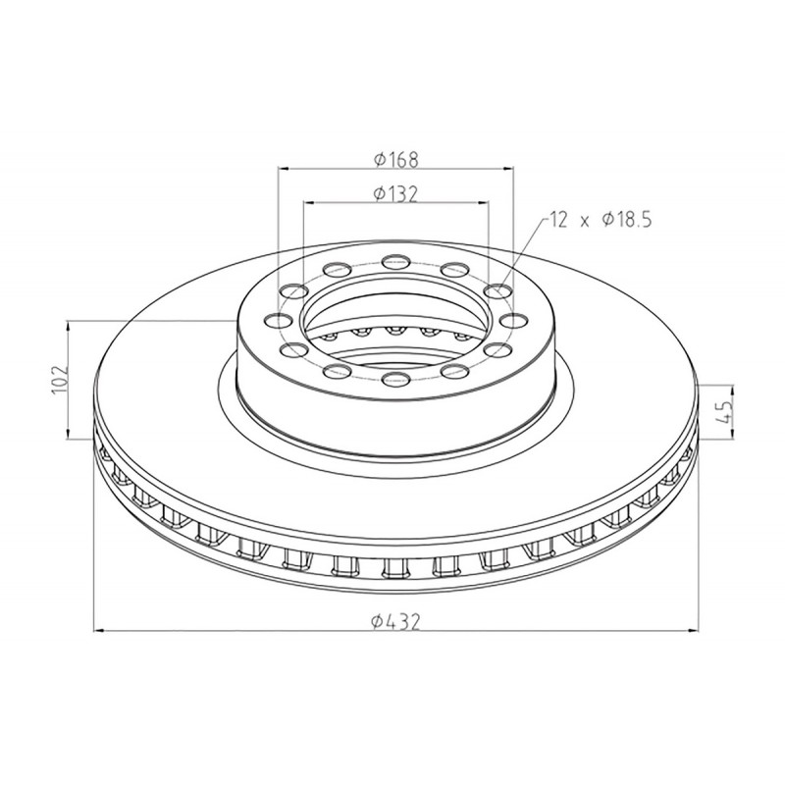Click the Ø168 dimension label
(x=395, y=159)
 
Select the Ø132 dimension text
(x=395, y=193)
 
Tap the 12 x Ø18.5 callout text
(x=601, y=220)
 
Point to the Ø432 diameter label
(x=395, y=621)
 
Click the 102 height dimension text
(x=59, y=381)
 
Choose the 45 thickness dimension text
(x=725, y=412)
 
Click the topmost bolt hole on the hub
(x=395, y=261)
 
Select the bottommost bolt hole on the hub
(x=395, y=380)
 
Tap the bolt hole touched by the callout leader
(x=498, y=289)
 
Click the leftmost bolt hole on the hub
(x=279, y=320)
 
